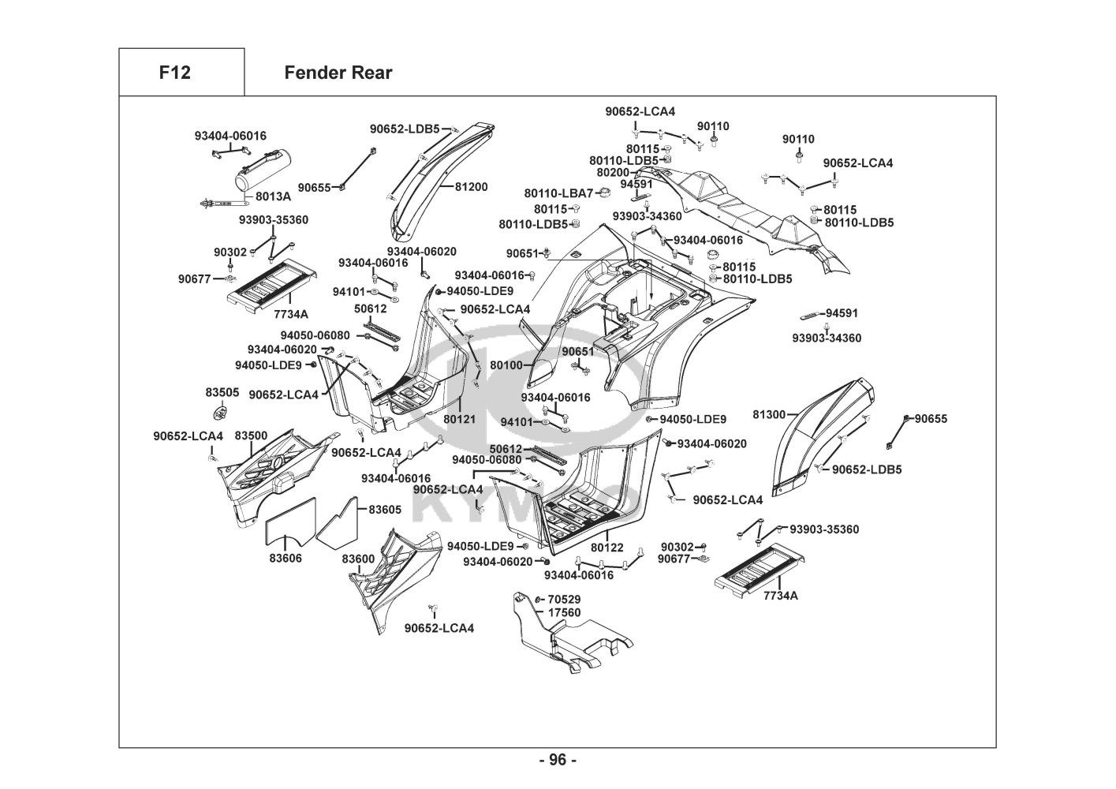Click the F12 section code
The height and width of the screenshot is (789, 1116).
[x=174, y=73]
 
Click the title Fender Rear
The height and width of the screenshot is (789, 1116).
[x=338, y=73]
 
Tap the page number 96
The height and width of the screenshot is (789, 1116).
[x=558, y=760]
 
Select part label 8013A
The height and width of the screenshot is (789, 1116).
[x=273, y=196]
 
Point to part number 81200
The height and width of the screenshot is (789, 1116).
[x=471, y=187]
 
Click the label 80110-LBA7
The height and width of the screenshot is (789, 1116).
[x=558, y=193]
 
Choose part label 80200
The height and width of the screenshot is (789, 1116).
[x=613, y=172]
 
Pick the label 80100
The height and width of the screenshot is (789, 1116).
[x=506, y=365]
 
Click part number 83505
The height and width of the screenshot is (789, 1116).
[x=222, y=392]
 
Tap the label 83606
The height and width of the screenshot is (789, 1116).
[x=286, y=558]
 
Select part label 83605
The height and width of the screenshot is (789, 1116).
[x=384, y=510]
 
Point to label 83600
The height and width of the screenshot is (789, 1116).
[x=358, y=559]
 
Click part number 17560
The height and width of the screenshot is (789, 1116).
[x=564, y=612]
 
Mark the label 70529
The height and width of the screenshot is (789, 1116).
[x=564, y=600]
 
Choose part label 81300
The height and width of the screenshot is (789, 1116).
[x=769, y=414]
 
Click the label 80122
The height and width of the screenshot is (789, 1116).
[x=607, y=547]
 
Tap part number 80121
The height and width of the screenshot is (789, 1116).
[x=459, y=419]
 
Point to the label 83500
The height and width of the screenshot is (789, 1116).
[x=251, y=436]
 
